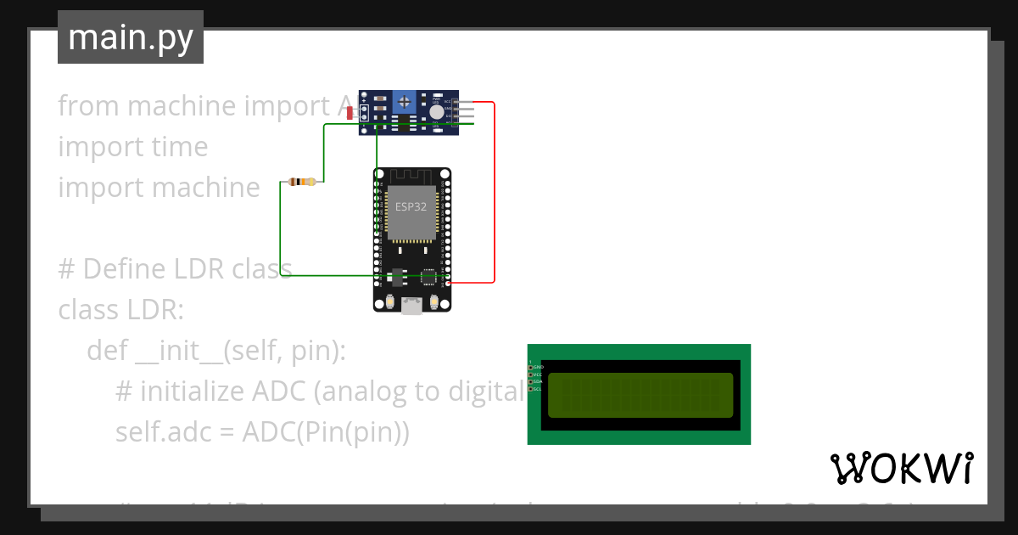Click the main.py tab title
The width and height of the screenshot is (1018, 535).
coord(131,37)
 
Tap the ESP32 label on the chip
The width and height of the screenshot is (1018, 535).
coord(411,206)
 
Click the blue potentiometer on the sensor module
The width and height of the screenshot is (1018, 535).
coord(406,103)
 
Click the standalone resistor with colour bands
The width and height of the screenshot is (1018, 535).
coord(302,182)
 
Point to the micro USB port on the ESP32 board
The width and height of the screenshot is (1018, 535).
coord(411,307)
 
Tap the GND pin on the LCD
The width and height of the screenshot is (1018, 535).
coord(531,367)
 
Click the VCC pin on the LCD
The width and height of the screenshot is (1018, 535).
coord(531,374)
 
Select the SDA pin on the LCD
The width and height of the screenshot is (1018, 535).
coord(531,382)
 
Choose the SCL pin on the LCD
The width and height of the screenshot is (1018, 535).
coord(531,389)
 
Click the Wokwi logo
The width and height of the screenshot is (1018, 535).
coord(901,469)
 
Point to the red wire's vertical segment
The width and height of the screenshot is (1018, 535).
coord(494,191)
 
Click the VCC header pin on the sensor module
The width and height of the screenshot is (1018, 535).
coord(466,102)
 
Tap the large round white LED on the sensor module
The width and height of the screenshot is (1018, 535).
coord(436,112)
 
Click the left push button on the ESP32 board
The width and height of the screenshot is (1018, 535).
coord(389,301)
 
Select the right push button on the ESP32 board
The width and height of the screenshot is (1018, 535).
coord(434,301)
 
